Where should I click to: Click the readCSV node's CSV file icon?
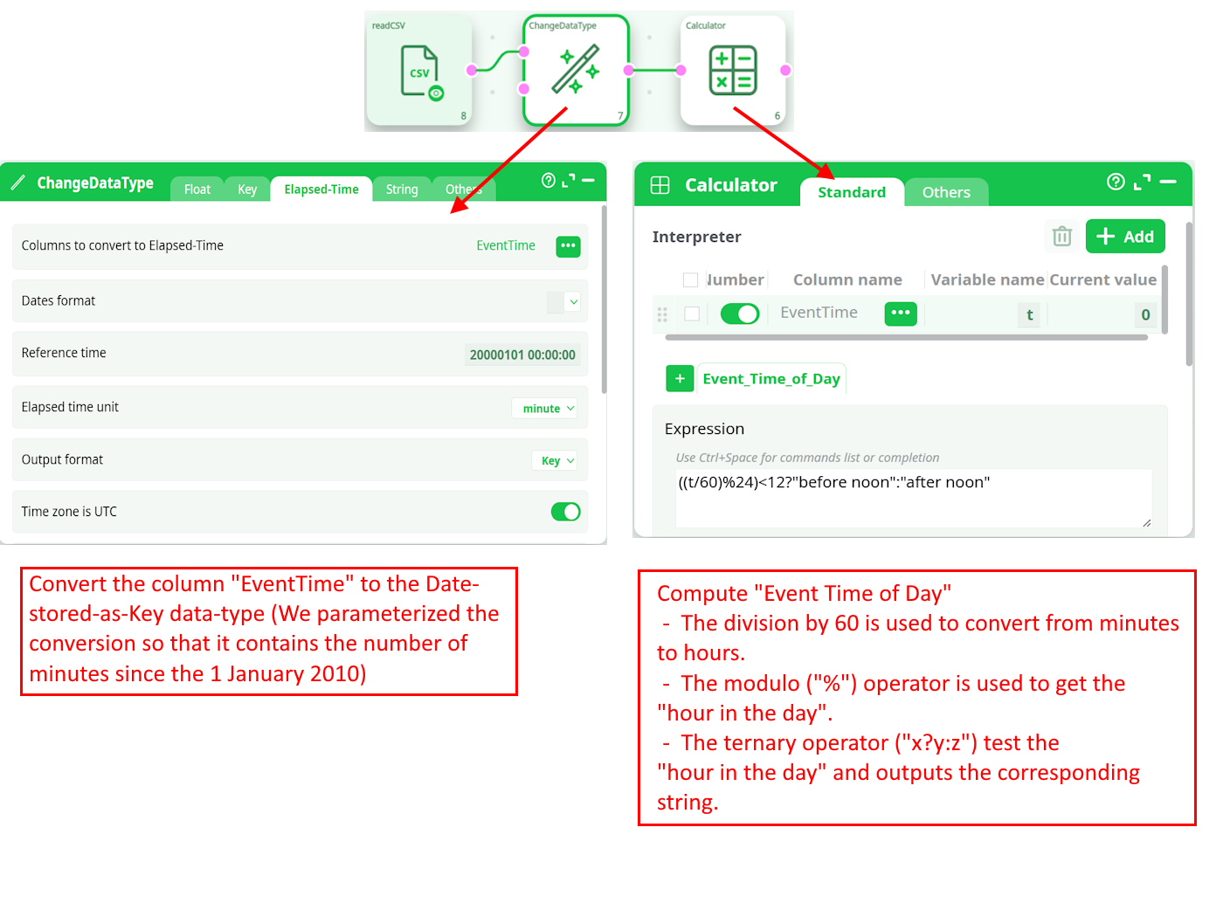pyautogui.click(x=421, y=72)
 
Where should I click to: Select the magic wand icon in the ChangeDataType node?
pyautogui.click(x=576, y=69)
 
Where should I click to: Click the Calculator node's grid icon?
pyautogui.click(x=732, y=70)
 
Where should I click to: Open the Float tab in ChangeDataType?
pyautogui.click(x=197, y=190)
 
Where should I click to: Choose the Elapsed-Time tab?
pyautogui.click(x=321, y=190)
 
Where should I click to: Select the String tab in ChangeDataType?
pyautogui.click(x=401, y=190)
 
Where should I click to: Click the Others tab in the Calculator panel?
pyautogui.click(x=945, y=192)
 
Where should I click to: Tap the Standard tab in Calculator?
pyautogui.click(x=851, y=192)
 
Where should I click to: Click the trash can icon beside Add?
pyautogui.click(x=1061, y=236)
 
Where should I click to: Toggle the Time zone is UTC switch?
pyautogui.click(x=565, y=511)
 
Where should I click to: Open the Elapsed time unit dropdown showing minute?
pyautogui.click(x=547, y=408)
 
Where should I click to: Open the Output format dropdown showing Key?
pyautogui.click(x=556, y=460)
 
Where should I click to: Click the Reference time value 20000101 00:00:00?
pyautogui.click(x=522, y=355)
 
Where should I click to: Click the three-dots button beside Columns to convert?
pyautogui.click(x=568, y=246)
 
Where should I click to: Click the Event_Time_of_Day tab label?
pyautogui.click(x=770, y=379)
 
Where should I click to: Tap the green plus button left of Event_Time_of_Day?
pyautogui.click(x=679, y=379)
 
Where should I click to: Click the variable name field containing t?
pyautogui.click(x=1028, y=314)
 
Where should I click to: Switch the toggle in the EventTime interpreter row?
pyautogui.click(x=739, y=314)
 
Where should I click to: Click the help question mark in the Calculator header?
pyautogui.click(x=1115, y=182)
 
